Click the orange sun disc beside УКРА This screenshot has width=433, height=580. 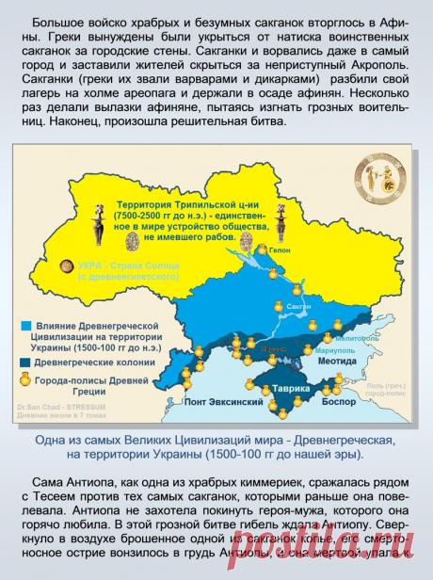coord(67,266)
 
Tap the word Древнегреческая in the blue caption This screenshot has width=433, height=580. coord(347,440)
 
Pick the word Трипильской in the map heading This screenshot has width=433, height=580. coord(199,203)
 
